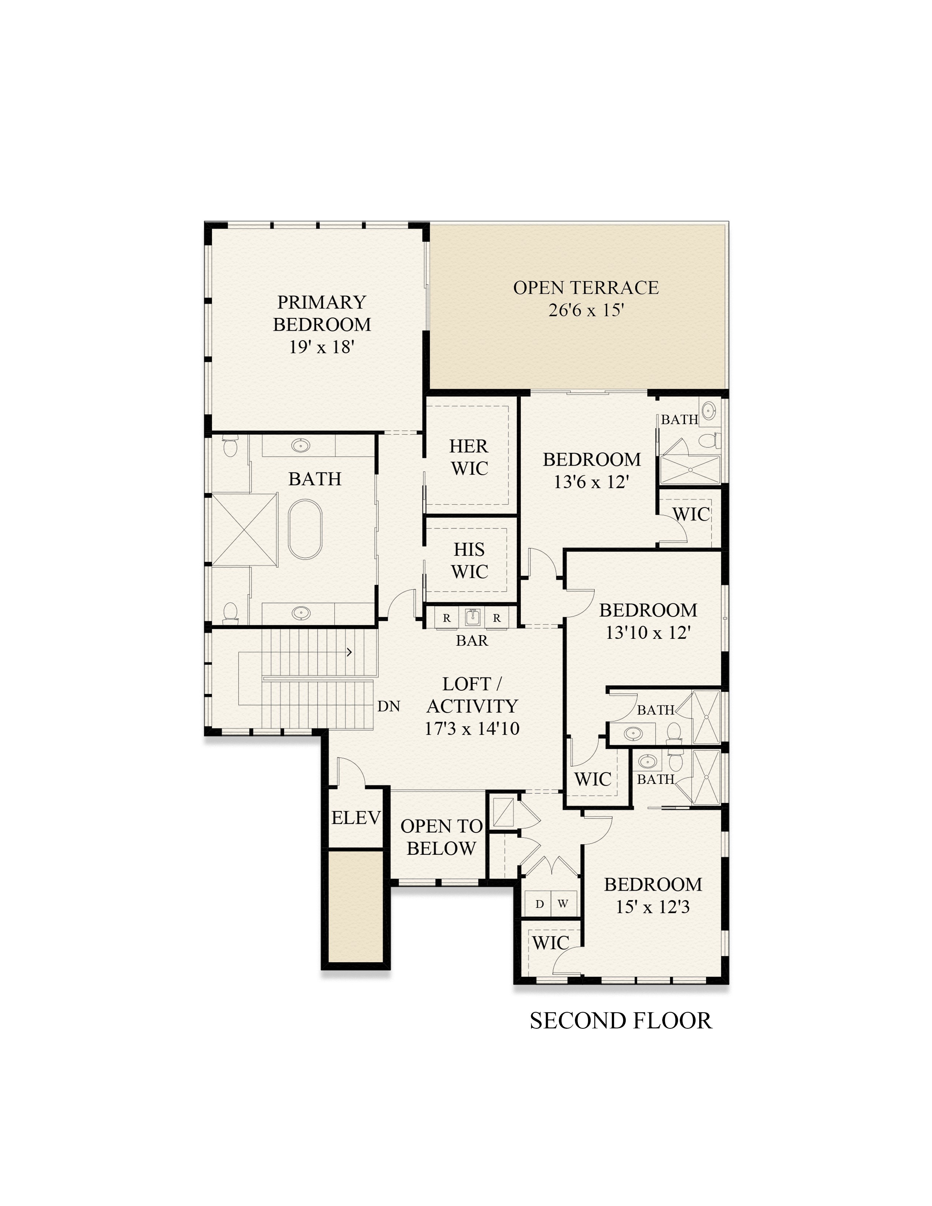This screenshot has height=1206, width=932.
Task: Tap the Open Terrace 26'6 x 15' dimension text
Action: pyautogui.click(x=586, y=310)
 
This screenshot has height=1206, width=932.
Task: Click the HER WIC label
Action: pyautogui.click(x=469, y=457)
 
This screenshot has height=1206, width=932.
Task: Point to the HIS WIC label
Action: pyautogui.click(x=469, y=561)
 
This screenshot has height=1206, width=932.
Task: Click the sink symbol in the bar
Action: pyautogui.click(x=471, y=617)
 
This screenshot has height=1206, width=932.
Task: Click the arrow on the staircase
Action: pyautogui.click(x=349, y=652)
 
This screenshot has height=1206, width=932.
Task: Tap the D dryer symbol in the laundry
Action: pyautogui.click(x=540, y=904)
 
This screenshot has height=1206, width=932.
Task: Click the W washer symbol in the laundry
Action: pyautogui.click(x=562, y=904)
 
